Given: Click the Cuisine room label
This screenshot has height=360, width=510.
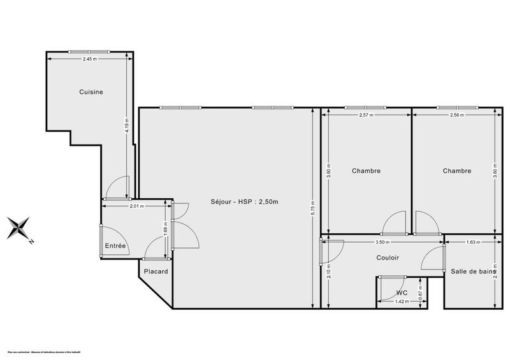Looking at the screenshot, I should click(x=91, y=92).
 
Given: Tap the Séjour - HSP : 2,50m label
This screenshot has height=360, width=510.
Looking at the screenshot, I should click(x=245, y=202).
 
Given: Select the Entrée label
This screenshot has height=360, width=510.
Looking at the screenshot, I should click(x=115, y=246).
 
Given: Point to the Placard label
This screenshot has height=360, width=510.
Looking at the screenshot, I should click(x=156, y=271).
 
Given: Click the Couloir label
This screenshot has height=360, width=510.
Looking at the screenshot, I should click(x=387, y=257).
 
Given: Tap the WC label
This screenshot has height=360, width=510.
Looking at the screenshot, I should click(x=402, y=293).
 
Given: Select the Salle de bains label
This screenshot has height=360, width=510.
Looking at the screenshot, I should click(x=473, y=271).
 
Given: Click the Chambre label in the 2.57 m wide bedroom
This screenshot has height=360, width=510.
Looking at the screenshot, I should click(x=366, y=171).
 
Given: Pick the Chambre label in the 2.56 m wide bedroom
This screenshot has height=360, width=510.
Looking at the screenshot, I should click(x=457, y=171).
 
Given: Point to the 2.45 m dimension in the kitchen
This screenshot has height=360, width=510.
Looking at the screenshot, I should click(x=89, y=59).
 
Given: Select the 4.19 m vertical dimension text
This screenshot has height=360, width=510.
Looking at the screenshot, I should click(x=127, y=124).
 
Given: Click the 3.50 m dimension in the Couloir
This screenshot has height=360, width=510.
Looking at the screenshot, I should click(x=382, y=242).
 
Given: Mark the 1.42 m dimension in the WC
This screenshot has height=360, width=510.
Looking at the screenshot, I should click(x=402, y=301).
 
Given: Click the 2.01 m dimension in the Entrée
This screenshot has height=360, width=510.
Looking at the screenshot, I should click(x=136, y=206).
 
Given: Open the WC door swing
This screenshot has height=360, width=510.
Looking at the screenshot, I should click(x=388, y=288).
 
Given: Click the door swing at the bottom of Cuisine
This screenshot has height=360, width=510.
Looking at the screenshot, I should click(x=117, y=188).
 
